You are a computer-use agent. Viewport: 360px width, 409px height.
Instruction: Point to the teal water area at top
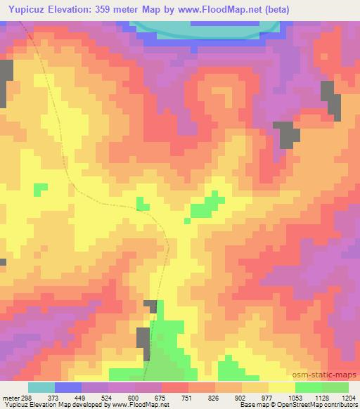click(204, 27)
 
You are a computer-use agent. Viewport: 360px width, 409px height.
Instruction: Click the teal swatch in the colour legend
click(41, 387)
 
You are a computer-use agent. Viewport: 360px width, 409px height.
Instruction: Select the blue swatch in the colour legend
click(68, 387)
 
